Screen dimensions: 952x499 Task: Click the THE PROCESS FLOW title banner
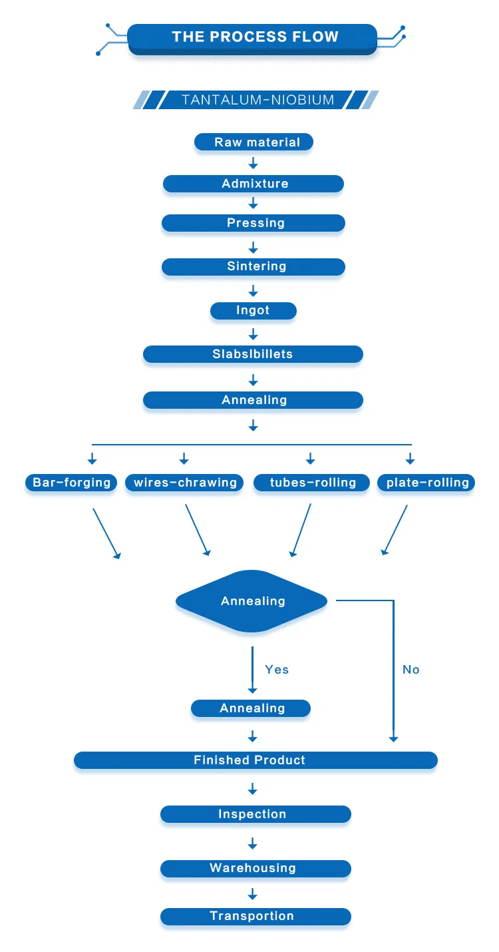pos(253,37)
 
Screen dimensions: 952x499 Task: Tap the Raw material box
pos(253,142)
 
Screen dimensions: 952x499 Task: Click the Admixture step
pos(253,184)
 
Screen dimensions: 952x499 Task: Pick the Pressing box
pos(253,223)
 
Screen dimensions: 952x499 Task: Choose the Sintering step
pos(253,266)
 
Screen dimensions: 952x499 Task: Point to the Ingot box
pos(253,310)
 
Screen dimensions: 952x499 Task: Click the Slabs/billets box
pos(253,354)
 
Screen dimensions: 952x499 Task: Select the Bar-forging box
pos(72,483)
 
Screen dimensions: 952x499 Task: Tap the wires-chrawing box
pos(185,483)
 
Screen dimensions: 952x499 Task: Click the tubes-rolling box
pos(311,483)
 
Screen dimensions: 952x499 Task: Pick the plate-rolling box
pos(426,483)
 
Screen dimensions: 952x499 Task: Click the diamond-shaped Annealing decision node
pos(252,601)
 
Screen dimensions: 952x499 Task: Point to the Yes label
pos(277,670)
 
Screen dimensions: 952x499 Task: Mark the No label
pos(411,670)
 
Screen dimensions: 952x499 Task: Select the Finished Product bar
pos(255,760)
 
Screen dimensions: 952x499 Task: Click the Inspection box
pos(255,814)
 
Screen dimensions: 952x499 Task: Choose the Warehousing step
pos(255,868)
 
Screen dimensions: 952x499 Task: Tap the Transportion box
pos(255,916)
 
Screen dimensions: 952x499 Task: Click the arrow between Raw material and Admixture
pos(253,163)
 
